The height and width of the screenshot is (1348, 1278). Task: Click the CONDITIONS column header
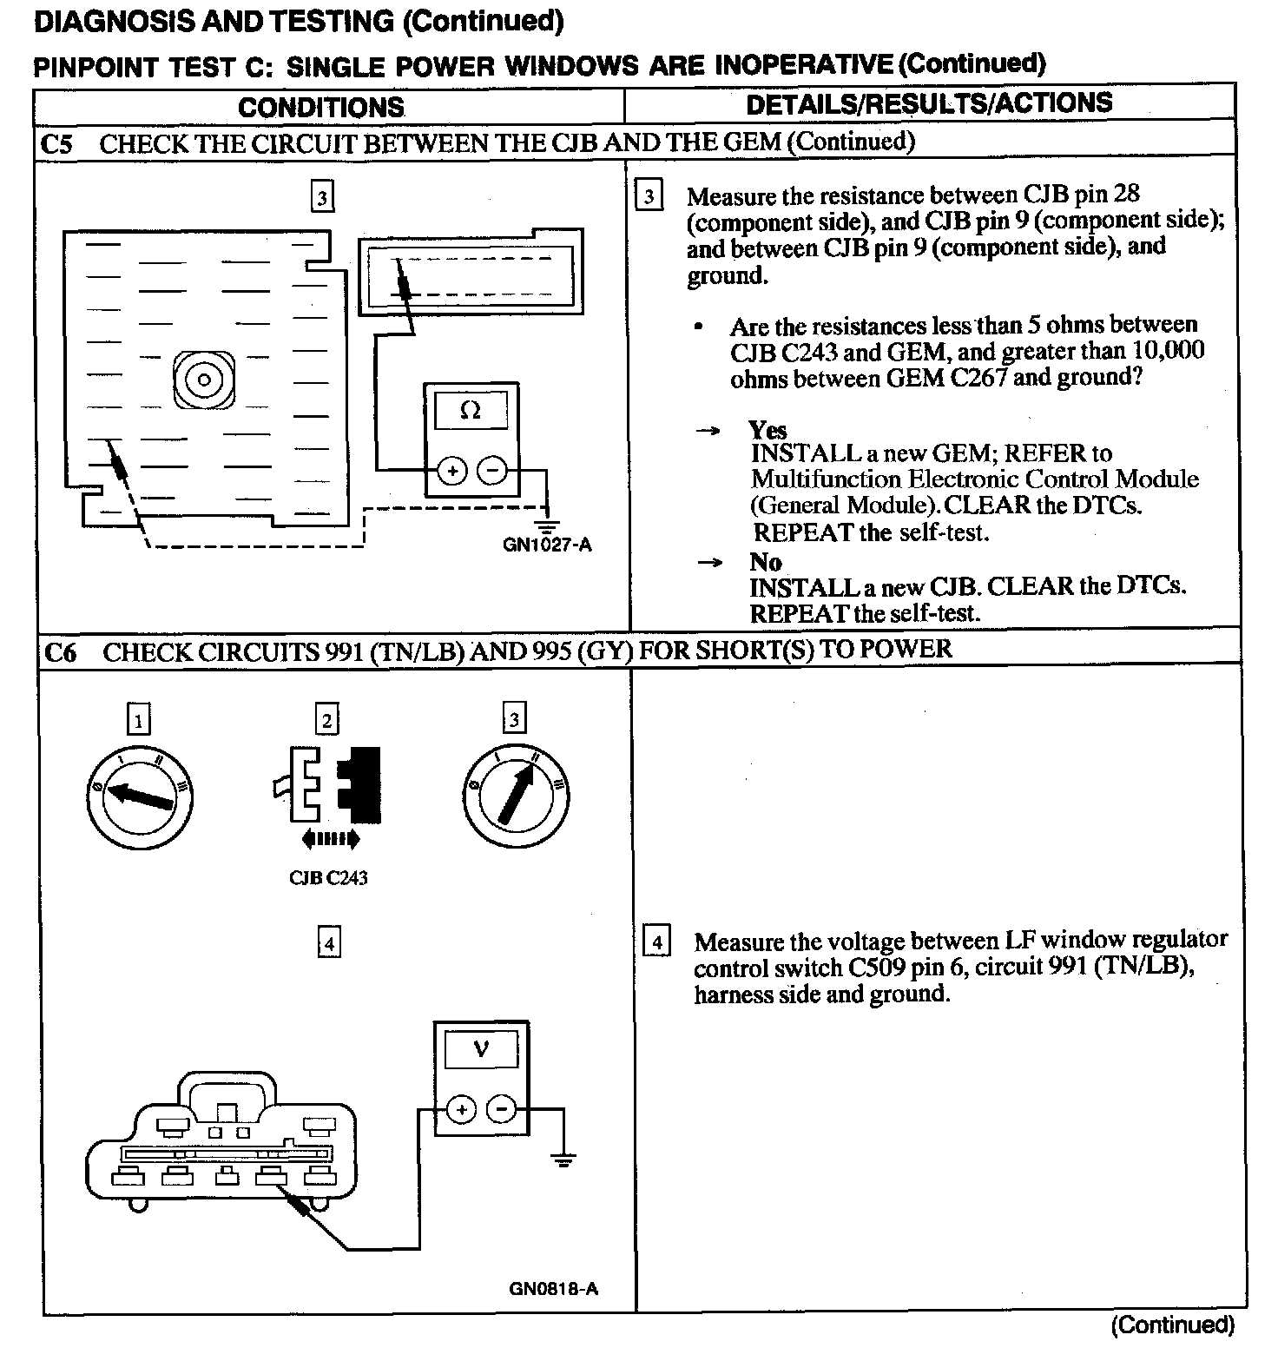coord(320,107)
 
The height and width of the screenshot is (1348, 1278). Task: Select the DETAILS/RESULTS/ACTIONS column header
coord(928,102)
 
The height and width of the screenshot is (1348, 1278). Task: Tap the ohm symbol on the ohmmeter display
coord(471,410)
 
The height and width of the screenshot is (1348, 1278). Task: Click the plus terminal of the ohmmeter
coord(451,472)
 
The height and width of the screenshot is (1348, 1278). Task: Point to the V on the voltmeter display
coord(481,1049)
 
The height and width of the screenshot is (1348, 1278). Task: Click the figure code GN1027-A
coord(547,545)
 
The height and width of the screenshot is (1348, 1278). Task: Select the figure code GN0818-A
coord(553,1289)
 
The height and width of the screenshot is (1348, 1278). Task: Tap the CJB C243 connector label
coord(327,878)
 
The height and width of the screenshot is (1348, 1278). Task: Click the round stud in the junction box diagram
coord(204,380)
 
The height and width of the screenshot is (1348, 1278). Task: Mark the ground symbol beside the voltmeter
coord(563,1160)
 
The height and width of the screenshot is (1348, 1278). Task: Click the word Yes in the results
coord(767,430)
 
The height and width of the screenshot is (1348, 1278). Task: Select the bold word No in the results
coord(765,561)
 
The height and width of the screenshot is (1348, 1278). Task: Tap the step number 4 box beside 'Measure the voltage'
coord(656,942)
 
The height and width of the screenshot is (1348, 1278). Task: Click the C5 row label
coord(56,143)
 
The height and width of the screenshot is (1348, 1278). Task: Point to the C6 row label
coord(59,652)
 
